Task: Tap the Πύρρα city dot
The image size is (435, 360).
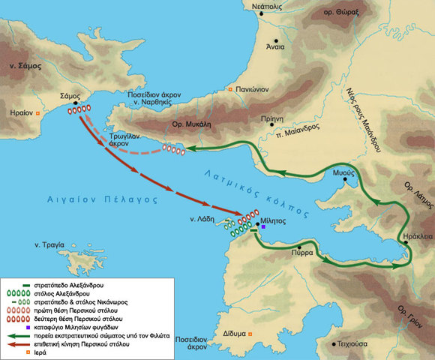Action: point(300,247)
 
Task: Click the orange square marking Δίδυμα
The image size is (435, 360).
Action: point(251,335)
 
